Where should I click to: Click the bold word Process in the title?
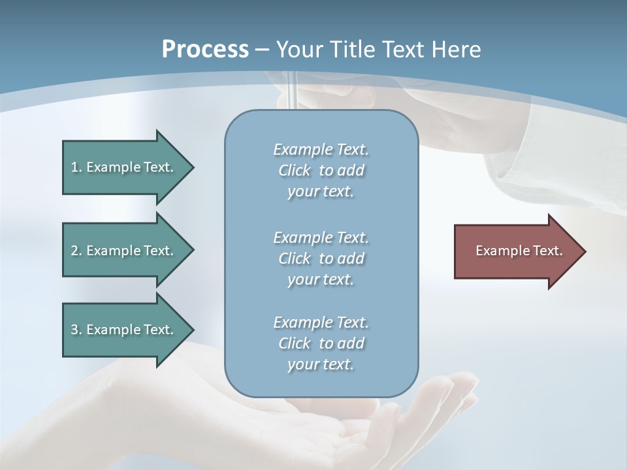[205, 50]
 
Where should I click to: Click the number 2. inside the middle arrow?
[76, 251]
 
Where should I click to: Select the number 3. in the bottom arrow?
[76, 330]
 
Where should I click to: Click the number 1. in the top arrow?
[76, 167]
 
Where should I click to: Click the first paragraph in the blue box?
[321, 170]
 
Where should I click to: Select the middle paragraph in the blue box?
[321, 258]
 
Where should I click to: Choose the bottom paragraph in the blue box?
[321, 343]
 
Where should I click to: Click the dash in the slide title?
[263, 50]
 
